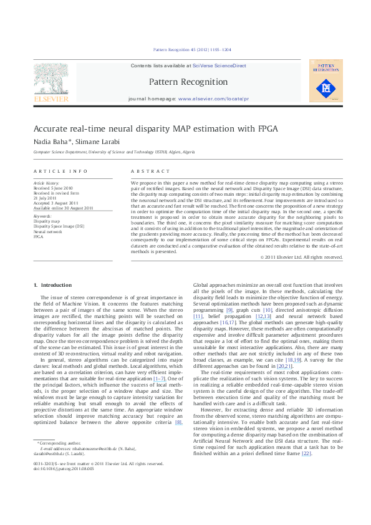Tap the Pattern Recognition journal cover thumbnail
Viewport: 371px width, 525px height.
[x=325, y=80]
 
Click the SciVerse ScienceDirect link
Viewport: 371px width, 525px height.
[x=219, y=65]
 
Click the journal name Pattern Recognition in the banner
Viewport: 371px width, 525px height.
[x=188, y=82]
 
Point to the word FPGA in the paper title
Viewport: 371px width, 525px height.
[x=264, y=129]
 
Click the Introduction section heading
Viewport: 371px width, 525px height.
[x=53, y=285]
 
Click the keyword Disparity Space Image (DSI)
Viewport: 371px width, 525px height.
[x=59, y=226]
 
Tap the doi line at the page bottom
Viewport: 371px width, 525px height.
[x=59, y=486]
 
